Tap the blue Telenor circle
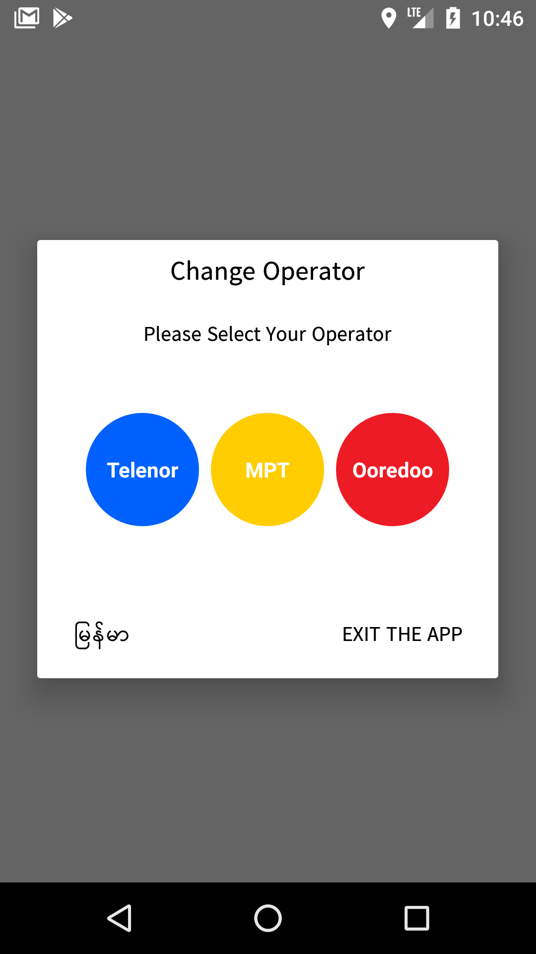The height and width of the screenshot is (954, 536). [142, 470]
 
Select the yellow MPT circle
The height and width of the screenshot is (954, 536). [268, 470]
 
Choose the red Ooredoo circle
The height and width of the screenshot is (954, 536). [393, 470]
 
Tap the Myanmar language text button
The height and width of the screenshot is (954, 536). [102, 635]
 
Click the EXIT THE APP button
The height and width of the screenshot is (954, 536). [402, 635]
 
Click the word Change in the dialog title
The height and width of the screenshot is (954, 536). [213, 272]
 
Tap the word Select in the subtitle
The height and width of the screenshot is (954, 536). [234, 334]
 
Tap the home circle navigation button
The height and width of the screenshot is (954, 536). [268, 918]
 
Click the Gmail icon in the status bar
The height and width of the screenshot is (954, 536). [27, 18]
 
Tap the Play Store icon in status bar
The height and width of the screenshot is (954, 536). [63, 18]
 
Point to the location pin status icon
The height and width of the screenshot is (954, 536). [389, 19]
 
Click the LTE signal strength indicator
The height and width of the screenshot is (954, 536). [420, 18]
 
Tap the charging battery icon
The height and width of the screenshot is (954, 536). [453, 18]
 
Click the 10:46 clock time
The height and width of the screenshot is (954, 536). [497, 19]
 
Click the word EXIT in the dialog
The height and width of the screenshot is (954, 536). [361, 635]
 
